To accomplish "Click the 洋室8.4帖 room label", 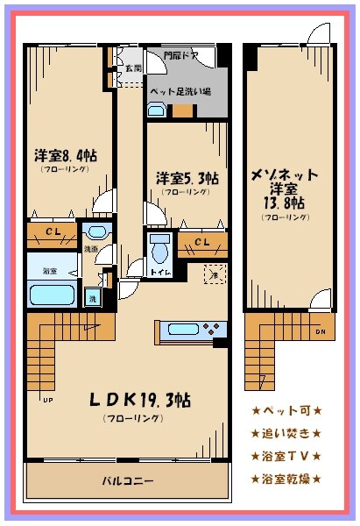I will click(x=67, y=155).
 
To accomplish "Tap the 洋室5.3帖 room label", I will click(x=187, y=177).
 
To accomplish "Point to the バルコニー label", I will click(x=128, y=481).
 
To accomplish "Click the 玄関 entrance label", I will click(x=132, y=68).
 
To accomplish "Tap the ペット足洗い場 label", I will click(x=179, y=91).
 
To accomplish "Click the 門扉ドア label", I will click(x=180, y=57).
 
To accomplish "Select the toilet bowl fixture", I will click(x=159, y=251).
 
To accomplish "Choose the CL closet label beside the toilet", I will click(x=201, y=242).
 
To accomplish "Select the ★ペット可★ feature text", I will click(x=286, y=410).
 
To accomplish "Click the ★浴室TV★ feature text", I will click(x=286, y=456).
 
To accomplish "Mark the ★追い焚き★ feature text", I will click(x=286, y=433).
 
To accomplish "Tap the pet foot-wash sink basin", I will click(x=156, y=110).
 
